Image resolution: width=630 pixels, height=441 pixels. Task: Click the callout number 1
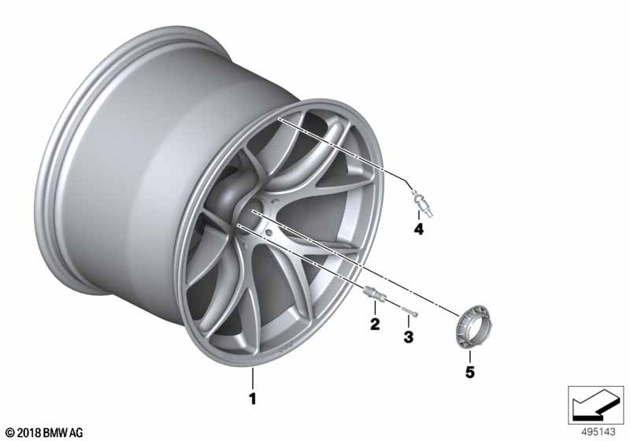click(253, 399)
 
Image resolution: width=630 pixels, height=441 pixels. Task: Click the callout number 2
click(374, 324)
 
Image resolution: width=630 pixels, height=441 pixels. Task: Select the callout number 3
click(408, 338)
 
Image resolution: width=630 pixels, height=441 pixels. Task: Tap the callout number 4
click(419, 230)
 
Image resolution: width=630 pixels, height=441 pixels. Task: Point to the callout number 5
click(470, 372)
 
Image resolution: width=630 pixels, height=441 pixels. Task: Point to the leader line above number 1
click(253, 378)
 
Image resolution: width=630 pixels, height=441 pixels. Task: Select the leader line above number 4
click(419, 216)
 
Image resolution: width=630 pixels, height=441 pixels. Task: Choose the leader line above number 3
click(408, 325)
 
